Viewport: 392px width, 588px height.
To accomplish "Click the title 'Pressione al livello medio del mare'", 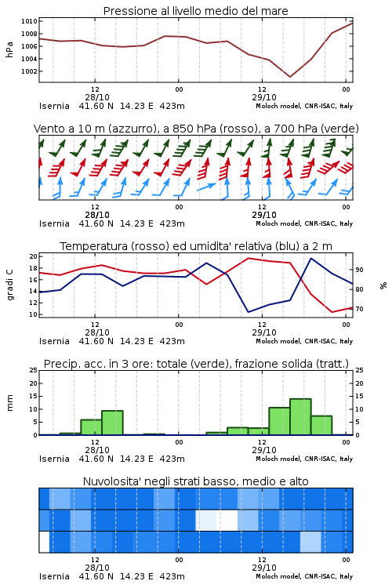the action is (x=195, y=11).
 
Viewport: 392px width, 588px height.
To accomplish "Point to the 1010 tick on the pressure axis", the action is (x=29, y=21).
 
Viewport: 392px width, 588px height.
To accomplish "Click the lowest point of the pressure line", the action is (x=289, y=77).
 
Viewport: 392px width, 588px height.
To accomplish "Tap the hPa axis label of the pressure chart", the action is (x=9, y=49).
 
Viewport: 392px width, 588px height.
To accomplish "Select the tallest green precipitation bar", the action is (x=300, y=416).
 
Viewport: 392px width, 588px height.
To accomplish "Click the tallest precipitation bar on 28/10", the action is (x=112, y=423).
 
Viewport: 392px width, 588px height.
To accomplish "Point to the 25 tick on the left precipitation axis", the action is (x=34, y=370).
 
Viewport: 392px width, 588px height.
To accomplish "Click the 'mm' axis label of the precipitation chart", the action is (x=9, y=403).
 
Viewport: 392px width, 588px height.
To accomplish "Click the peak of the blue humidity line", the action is (x=310, y=258).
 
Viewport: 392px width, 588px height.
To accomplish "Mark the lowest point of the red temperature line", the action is (x=332, y=312).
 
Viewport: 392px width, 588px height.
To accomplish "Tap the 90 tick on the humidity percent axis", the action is (x=359, y=270).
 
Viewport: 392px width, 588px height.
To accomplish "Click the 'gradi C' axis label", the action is (x=9, y=285).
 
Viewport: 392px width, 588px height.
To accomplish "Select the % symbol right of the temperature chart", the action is (x=383, y=285).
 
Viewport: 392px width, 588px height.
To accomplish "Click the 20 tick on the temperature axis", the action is (x=34, y=256).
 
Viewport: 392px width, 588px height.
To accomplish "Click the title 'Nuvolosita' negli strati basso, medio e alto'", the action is (x=195, y=481).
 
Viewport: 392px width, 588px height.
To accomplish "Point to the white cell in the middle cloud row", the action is (x=227, y=520).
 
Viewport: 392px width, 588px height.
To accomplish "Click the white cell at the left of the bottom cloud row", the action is (x=44, y=542).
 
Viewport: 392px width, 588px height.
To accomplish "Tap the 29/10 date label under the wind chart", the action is (x=264, y=215).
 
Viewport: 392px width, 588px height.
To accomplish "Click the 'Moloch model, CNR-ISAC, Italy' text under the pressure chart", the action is (x=304, y=106).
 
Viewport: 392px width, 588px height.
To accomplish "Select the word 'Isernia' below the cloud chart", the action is (x=54, y=576).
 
